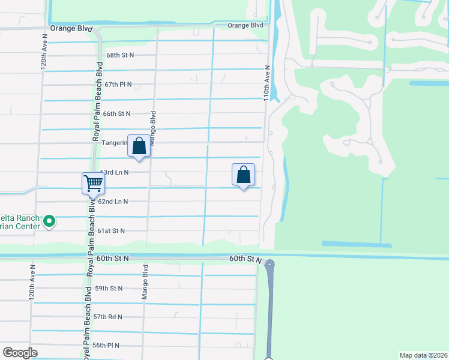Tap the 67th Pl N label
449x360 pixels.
(118, 85)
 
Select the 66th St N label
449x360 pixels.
(116, 113)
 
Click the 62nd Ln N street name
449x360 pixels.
(113, 202)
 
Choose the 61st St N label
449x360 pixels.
(111, 230)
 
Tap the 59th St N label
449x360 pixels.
(109, 288)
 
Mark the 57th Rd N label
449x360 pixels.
(107, 317)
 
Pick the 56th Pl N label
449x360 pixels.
(106, 346)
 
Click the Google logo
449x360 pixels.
(20, 353)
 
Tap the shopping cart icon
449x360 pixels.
(93, 182)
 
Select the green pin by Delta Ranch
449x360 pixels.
(50, 222)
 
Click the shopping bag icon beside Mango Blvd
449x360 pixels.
(139, 146)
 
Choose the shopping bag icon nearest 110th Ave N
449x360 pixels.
(243, 175)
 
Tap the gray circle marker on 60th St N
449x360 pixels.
(270, 264)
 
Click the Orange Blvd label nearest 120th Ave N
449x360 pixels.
(71, 28)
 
